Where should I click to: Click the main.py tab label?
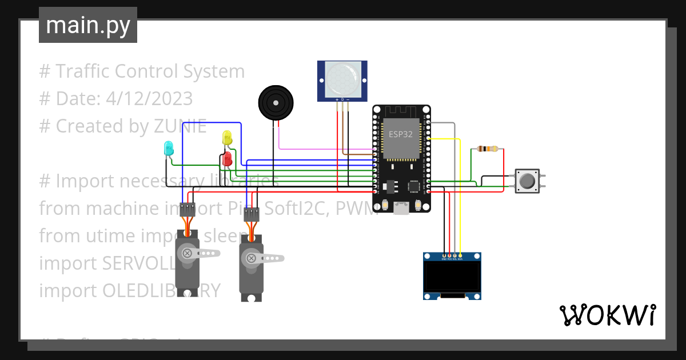click(87, 25)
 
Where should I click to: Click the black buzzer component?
click(276, 103)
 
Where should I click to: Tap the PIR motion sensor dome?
click(342, 79)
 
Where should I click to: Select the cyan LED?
click(169, 148)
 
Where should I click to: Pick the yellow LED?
click(227, 138)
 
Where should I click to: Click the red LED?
click(228, 158)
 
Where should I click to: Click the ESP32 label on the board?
click(401, 134)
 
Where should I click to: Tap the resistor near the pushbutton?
click(487, 149)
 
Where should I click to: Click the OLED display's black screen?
click(452, 277)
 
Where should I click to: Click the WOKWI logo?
click(607, 315)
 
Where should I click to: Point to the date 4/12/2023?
click(149, 99)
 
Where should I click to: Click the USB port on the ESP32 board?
click(402, 210)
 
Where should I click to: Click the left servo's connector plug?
click(188, 209)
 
